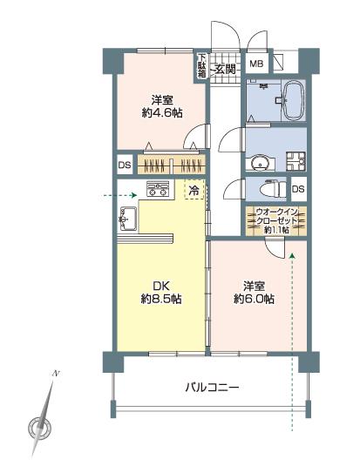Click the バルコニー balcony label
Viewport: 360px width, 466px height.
pos(211,388)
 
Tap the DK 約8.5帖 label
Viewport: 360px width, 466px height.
pos(160,292)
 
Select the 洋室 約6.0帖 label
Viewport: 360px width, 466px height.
pos(254,292)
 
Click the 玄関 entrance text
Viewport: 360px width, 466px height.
pos(225,67)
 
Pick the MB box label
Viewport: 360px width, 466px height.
pos(258,64)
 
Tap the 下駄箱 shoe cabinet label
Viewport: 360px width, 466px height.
pos(200,66)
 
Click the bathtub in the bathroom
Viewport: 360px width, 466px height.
pos(291,99)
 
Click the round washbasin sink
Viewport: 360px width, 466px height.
pos(259,161)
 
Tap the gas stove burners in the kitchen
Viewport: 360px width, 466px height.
pos(158,188)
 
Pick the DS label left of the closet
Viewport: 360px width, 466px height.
pos(124,165)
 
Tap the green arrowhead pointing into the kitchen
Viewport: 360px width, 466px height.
pos(133,196)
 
